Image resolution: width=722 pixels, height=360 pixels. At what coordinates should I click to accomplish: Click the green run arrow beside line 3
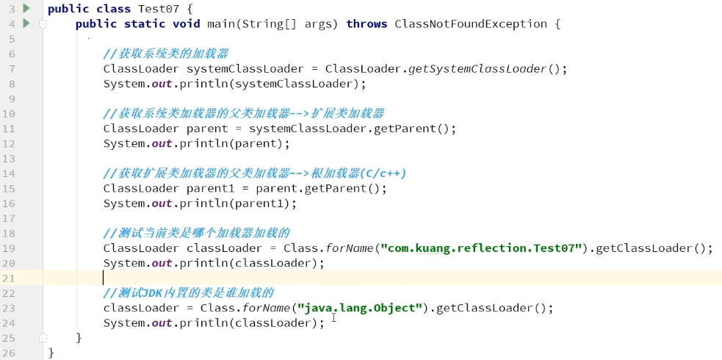coord(26,8)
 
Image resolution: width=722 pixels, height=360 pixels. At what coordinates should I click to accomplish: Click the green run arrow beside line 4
coord(26,24)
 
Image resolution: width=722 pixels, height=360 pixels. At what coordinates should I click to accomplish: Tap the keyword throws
coord(367,24)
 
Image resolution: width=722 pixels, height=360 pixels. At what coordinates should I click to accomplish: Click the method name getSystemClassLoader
coord(477,69)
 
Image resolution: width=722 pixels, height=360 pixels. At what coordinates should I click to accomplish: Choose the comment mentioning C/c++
coord(254,173)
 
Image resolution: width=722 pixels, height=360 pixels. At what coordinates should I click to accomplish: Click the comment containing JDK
coord(188,293)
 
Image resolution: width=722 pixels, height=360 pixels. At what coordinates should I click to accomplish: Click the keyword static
coord(145,24)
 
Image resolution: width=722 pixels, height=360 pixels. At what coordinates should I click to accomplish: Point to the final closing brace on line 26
coord(51,353)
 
